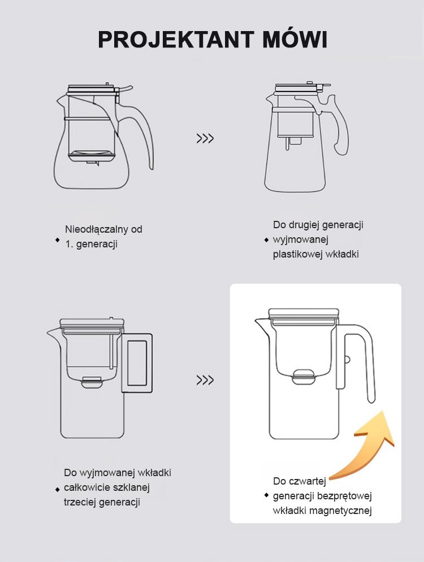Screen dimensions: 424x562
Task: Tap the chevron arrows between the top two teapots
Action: tap(205, 138)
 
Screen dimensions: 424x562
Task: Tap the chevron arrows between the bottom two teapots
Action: tap(205, 380)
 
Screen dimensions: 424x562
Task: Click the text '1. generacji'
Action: tap(91, 245)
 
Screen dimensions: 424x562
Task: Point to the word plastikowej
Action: tap(298, 255)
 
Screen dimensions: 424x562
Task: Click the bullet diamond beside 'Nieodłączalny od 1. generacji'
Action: tap(58, 240)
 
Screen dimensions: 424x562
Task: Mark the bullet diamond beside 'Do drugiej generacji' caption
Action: tap(266, 240)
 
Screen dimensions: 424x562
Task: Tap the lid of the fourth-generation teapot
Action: tap(304, 313)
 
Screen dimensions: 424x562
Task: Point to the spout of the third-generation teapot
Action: tap(54, 333)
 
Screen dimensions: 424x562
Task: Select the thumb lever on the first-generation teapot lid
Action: tap(126, 89)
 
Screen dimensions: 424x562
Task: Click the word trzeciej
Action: tap(80, 502)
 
